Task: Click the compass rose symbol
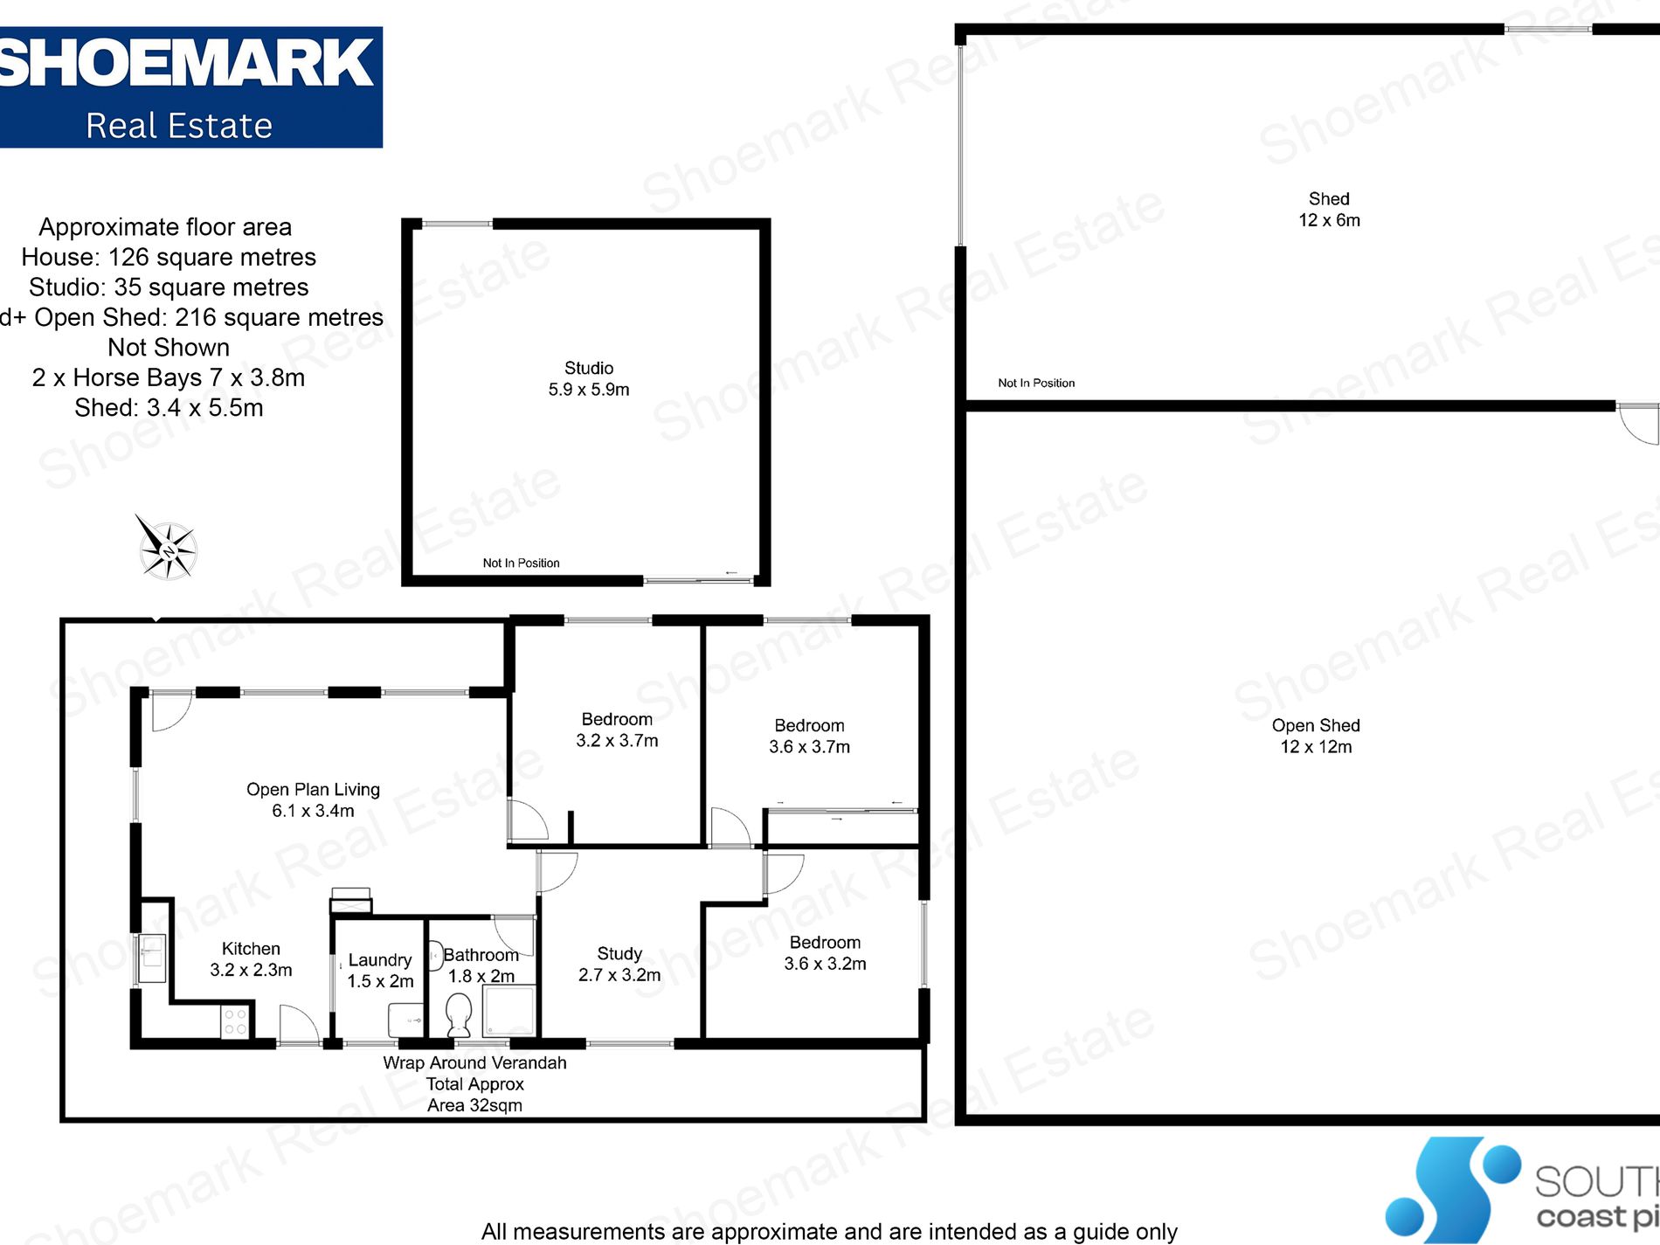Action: [166, 549]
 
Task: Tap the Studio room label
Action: [589, 368]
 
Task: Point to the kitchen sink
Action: [152, 958]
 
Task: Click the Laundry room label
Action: [380, 960]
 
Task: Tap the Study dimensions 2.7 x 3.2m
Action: [619, 975]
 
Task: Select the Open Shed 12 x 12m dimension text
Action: [1316, 747]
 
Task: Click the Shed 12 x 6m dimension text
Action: [1329, 220]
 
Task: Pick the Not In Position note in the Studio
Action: [521, 564]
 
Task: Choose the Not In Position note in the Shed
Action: [1036, 383]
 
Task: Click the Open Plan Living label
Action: [313, 790]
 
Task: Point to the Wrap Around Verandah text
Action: [474, 1063]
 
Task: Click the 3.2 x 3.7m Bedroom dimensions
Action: [617, 741]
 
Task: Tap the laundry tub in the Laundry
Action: [405, 1019]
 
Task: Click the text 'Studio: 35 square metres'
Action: [169, 287]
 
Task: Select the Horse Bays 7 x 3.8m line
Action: [169, 377]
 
